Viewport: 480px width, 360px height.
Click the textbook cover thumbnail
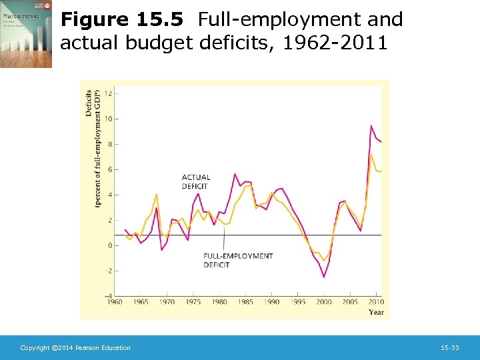26,34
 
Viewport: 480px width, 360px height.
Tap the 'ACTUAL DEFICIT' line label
196,182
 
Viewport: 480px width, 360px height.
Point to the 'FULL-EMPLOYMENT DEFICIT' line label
238,260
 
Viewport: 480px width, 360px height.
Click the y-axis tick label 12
108,93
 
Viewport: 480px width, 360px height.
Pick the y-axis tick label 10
108,119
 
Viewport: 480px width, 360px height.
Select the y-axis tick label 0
109,245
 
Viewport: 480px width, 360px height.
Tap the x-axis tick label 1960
115,302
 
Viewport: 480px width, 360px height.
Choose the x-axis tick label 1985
245,302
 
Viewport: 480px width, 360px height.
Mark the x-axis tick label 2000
324,302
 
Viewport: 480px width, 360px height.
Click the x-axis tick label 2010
376,302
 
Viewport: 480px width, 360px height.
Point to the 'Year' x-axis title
377,311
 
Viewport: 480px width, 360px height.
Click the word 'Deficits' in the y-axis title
89,102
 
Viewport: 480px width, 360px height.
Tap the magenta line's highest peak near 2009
371,126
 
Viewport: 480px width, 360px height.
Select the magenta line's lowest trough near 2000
325,277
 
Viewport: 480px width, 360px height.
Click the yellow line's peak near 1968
156,194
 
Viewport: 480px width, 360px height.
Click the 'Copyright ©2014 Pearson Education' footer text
75,348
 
